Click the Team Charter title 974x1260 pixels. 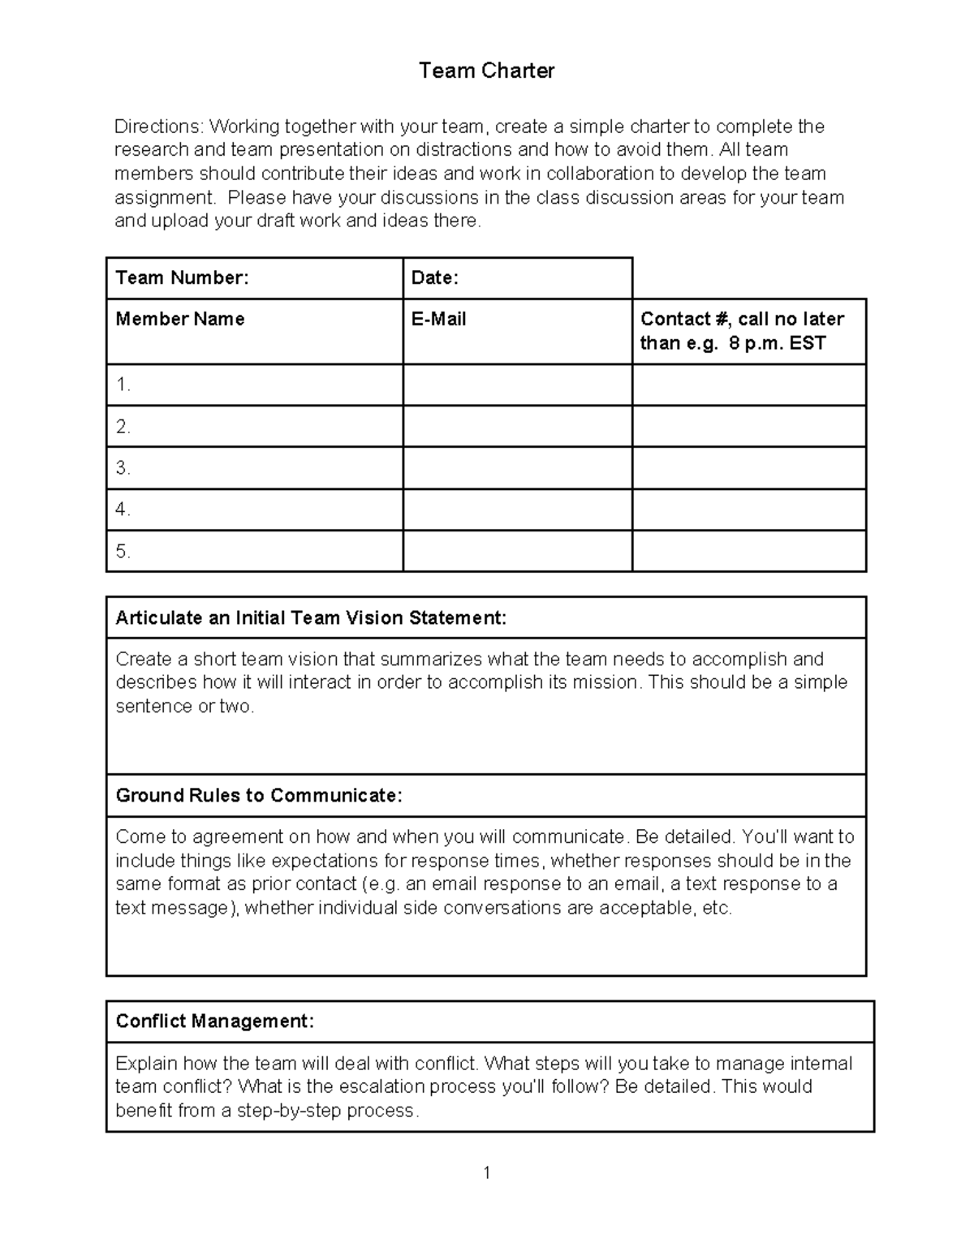[x=486, y=71]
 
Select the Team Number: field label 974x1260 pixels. [x=182, y=278]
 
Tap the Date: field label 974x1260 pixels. [x=435, y=278]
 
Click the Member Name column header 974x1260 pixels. [x=180, y=319]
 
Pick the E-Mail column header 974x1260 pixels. [x=438, y=319]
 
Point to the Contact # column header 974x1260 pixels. [x=742, y=330]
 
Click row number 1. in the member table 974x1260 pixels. [x=123, y=385]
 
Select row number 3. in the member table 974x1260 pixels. [x=123, y=468]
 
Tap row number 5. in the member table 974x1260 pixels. [x=123, y=552]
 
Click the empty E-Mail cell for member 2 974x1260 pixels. [x=517, y=427]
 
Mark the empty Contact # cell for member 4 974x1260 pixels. [x=748, y=510]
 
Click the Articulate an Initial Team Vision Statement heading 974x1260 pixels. [x=311, y=618]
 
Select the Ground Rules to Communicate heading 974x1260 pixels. [x=259, y=795]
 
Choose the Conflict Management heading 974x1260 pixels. [x=214, y=1021]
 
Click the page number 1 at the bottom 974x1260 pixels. [x=486, y=1172]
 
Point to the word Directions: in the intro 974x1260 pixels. [x=159, y=127]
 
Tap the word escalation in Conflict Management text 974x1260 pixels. [x=386, y=1086]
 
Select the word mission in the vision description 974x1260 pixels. [x=607, y=682]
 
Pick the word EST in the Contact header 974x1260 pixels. [x=807, y=343]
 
